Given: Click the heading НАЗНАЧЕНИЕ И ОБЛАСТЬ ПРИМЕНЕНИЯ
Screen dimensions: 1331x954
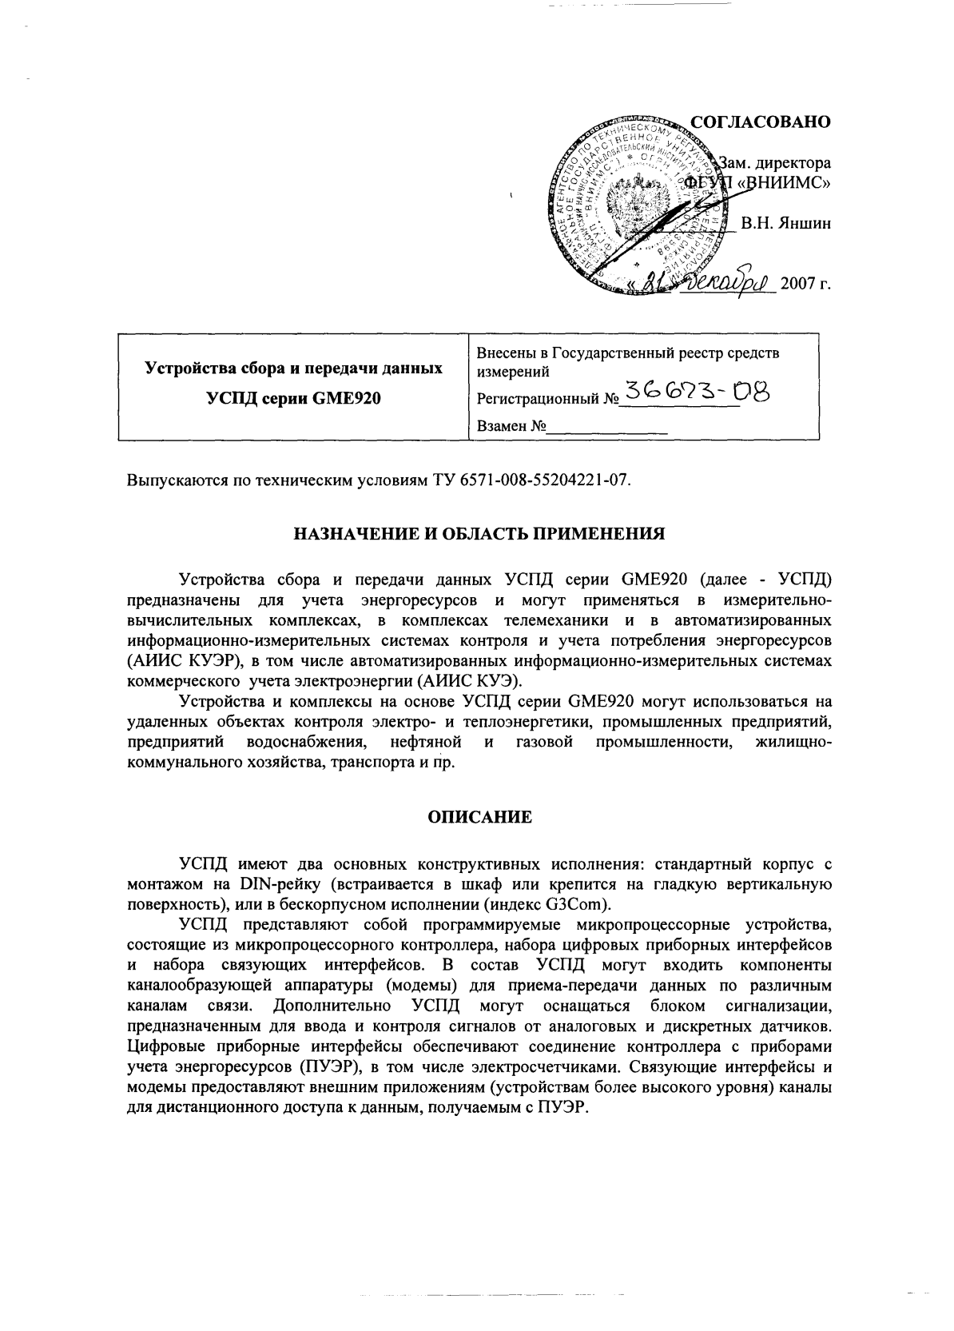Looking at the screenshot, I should [x=476, y=533].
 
